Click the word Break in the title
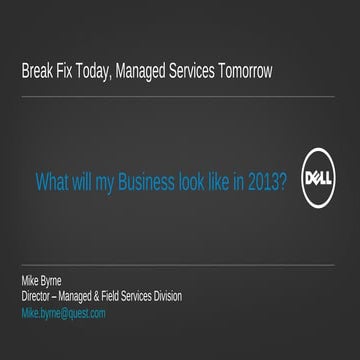[37, 72]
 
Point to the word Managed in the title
[154, 72]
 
